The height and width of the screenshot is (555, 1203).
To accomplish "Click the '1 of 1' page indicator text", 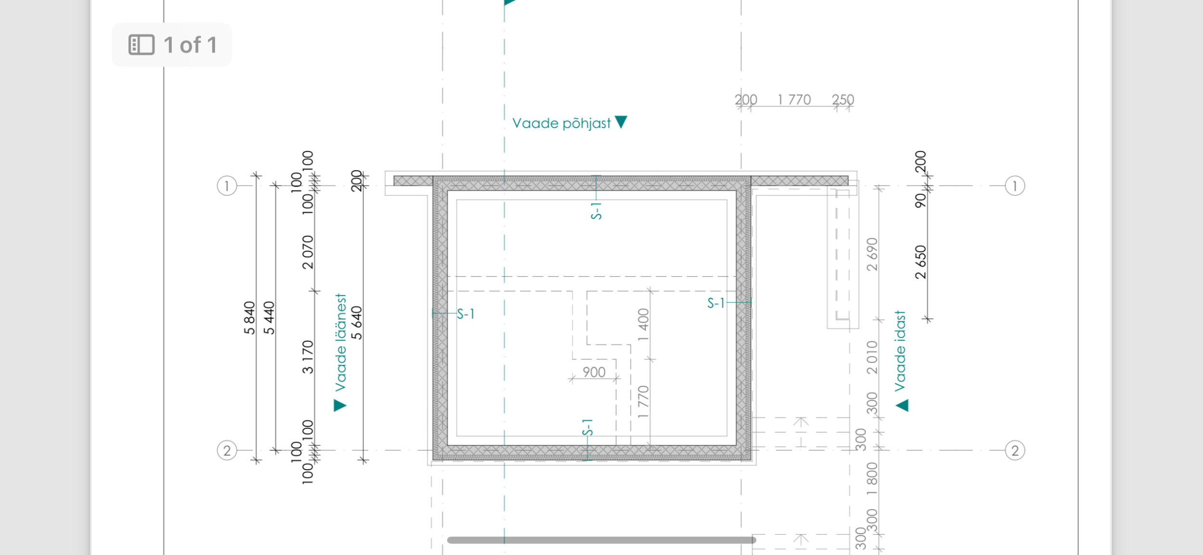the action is [190, 45].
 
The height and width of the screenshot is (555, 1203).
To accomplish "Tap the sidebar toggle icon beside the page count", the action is [141, 45].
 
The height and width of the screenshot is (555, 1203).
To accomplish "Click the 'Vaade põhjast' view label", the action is [561, 123].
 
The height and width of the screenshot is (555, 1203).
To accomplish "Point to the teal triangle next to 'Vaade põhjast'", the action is [621, 122].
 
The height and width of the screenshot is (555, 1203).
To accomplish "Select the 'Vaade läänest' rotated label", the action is [341, 342].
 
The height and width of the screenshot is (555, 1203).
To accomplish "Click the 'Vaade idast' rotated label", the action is [900, 351].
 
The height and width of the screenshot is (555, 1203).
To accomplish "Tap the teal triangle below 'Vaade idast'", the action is [902, 405].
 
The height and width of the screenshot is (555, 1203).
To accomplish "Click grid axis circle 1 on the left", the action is [227, 186].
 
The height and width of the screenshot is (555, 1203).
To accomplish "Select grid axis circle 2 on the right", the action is [1015, 451].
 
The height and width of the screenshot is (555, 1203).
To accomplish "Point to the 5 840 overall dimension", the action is [249, 318].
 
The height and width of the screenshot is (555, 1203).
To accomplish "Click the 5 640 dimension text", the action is [357, 323].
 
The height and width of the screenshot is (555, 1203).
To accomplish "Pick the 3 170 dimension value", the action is [307, 357].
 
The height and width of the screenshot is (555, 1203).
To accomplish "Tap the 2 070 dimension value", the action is [307, 252].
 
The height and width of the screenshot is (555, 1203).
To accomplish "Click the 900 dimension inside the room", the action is [594, 372].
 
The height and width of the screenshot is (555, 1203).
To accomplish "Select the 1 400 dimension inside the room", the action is [643, 324].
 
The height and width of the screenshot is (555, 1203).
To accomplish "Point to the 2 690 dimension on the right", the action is [872, 254].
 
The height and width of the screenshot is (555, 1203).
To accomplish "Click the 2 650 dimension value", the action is [920, 262].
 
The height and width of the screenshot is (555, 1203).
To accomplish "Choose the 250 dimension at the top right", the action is [843, 100].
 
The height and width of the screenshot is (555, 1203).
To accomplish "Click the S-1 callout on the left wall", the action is [465, 314].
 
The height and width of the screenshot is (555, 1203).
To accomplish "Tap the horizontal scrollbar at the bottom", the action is [601, 540].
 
